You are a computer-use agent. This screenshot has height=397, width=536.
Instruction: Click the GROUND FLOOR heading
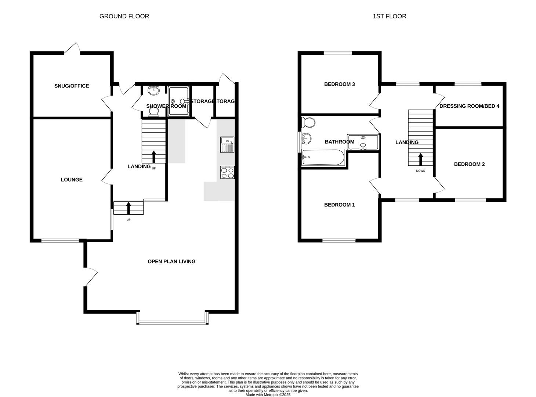[x=124, y=16]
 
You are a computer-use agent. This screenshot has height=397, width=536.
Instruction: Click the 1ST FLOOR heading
[x=389, y=16]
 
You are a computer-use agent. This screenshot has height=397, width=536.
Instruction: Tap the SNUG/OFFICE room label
[x=72, y=86]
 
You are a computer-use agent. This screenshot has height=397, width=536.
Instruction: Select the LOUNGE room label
[x=72, y=180]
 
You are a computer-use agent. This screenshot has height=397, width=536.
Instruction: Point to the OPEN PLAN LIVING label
[x=171, y=262]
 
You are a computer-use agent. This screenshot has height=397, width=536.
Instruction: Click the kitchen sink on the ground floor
[x=227, y=144]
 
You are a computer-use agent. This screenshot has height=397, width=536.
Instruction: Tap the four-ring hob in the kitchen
[x=227, y=172]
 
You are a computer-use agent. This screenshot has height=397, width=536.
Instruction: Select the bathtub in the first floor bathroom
[x=323, y=158]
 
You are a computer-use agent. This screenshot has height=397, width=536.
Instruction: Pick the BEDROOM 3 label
[x=339, y=84]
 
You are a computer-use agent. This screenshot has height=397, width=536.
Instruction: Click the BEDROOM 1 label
[x=339, y=205]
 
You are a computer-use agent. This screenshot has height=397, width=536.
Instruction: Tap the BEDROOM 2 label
[x=469, y=164]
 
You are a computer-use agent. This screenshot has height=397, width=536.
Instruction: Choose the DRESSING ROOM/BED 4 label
[x=469, y=106]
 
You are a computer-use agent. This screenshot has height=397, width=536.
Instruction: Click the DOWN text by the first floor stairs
[x=421, y=171]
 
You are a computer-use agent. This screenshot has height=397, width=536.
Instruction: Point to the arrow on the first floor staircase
[x=420, y=159]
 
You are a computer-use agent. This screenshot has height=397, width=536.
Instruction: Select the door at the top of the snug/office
[x=72, y=50]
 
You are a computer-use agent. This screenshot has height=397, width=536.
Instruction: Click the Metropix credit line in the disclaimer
[x=268, y=395]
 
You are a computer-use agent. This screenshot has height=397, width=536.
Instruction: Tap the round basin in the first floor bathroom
[x=306, y=139]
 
